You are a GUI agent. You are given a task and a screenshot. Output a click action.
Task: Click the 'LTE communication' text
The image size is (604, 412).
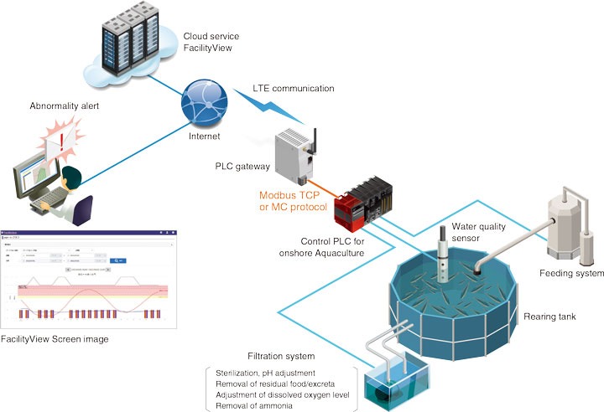pos(293,88)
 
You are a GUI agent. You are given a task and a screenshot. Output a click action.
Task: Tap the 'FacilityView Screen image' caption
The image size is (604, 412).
pos(55,339)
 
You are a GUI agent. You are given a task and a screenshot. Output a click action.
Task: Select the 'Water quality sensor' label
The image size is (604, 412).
pos(479,232)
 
